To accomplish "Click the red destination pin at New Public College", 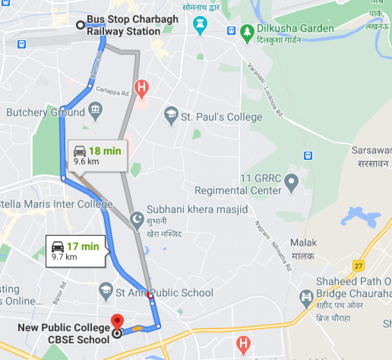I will (x=118, y=322).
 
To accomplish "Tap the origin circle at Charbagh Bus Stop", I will (x=81, y=25).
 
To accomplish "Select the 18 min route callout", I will (x=98, y=155).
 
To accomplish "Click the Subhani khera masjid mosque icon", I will (x=136, y=219).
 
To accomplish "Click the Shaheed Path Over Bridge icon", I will (x=306, y=296).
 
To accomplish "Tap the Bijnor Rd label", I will (x=59, y=293).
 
